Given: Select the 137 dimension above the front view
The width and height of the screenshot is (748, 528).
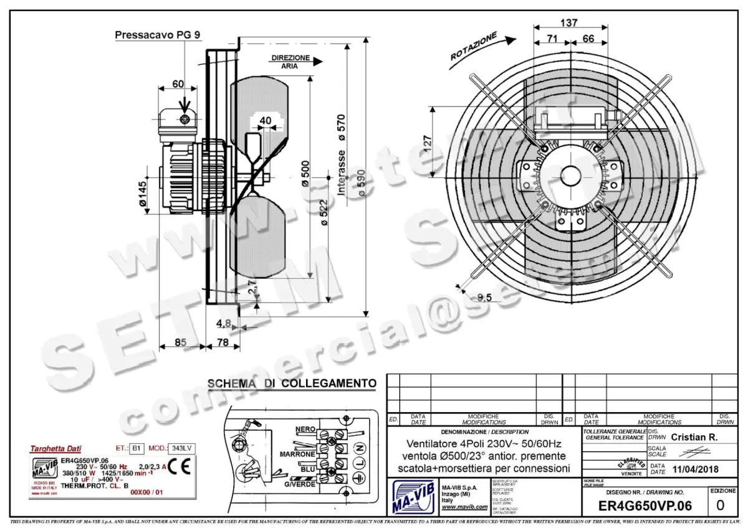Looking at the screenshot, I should pos(568,23).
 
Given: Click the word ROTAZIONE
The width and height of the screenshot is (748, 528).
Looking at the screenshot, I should pos(474,46).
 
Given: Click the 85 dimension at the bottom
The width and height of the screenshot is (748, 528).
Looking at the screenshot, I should pos(180,342).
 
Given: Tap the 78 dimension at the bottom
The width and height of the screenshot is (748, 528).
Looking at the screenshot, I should pos(223,342).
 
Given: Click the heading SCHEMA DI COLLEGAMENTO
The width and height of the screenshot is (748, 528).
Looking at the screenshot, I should pos(291,384).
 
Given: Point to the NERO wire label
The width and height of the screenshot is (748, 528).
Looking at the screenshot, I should pos(305,430).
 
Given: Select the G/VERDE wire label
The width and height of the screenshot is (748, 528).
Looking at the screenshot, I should pos(299,484).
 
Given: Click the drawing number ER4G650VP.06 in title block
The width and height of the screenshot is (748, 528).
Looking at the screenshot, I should pos(645,506).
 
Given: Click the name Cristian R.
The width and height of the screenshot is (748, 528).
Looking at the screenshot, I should pos(694,437).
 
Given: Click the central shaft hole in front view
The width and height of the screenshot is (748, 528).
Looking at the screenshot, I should pos(568,175).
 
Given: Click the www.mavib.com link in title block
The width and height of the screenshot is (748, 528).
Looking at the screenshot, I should pos(464,507).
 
